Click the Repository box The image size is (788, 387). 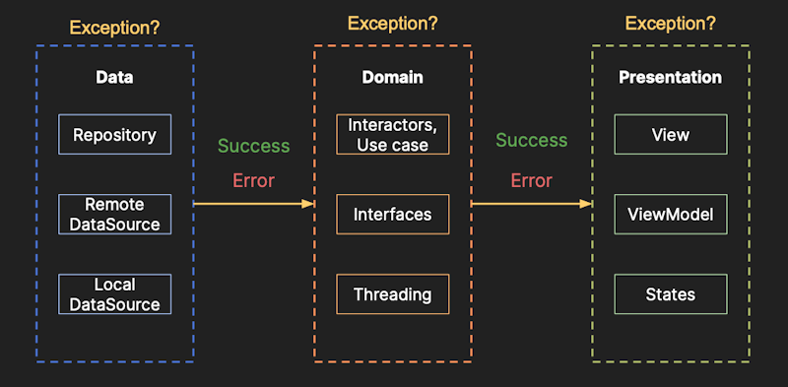[x=114, y=135]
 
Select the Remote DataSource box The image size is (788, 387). [x=114, y=215]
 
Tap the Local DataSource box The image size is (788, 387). [x=114, y=294]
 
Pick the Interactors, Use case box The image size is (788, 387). [x=393, y=135]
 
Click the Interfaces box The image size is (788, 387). [x=393, y=215]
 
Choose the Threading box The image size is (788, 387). [x=393, y=294]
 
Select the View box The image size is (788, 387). [x=671, y=135]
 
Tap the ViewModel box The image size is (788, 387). [x=671, y=215]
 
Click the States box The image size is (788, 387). [x=671, y=294]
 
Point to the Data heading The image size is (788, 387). [x=114, y=77]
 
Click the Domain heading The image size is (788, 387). [x=393, y=77]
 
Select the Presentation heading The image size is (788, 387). [x=670, y=77]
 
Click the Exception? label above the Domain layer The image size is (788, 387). [x=392, y=23]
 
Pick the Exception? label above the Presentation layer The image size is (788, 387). [x=670, y=23]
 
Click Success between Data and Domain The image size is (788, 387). [x=254, y=146]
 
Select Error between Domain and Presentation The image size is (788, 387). [x=531, y=181]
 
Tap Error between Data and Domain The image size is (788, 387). [x=253, y=181]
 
